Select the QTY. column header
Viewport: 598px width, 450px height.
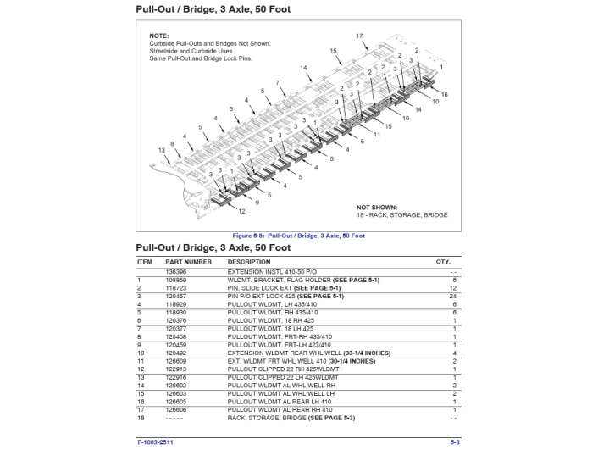(x=443, y=262)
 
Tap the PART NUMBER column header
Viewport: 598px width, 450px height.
(x=188, y=262)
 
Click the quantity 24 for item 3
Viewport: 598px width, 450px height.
(x=454, y=296)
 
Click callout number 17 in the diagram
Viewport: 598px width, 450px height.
(x=359, y=36)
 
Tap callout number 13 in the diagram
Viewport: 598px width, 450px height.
(x=162, y=150)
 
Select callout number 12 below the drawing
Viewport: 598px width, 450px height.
(x=241, y=211)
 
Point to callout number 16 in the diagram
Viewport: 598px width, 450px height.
(x=444, y=94)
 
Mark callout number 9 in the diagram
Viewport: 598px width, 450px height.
(x=257, y=203)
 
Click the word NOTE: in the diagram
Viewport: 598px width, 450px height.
(x=159, y=36)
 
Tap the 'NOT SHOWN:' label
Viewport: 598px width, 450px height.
(x=376, y=207)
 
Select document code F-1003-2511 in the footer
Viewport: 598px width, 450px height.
(x=156, y=442)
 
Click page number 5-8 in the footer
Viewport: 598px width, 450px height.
(x=455, y=442)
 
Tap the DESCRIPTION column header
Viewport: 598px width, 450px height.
(x=248, y=262)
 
